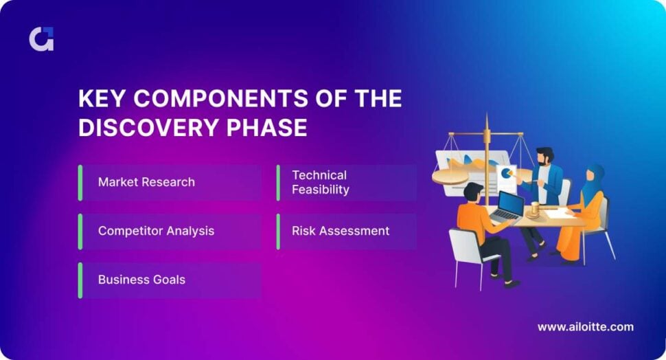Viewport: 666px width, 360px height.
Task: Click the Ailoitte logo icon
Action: tap(41, 38)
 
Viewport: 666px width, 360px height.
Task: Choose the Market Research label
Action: tap(146, 182)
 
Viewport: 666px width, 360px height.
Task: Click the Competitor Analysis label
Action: tap(156, 231)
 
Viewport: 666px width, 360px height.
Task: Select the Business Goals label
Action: tap(141, 280)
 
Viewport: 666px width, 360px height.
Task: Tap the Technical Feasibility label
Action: tap(320, 182)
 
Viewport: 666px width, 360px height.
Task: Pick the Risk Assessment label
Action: tap(341, 231)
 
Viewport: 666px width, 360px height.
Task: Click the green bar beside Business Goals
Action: tap(80, 280)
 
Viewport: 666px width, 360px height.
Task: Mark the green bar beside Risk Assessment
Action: tap(278, 231)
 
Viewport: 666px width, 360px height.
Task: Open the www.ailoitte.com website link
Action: tap(585, 327)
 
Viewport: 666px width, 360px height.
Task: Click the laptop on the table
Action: tap(509, 207)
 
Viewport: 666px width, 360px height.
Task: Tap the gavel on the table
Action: tap(531, 209)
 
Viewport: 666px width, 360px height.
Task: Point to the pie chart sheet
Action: tap(507, 177)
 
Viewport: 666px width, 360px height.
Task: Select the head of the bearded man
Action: tap(545, 157)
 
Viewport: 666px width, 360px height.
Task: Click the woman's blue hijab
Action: tap(595, 177)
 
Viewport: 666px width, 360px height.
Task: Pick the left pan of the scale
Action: tap(450, 178)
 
